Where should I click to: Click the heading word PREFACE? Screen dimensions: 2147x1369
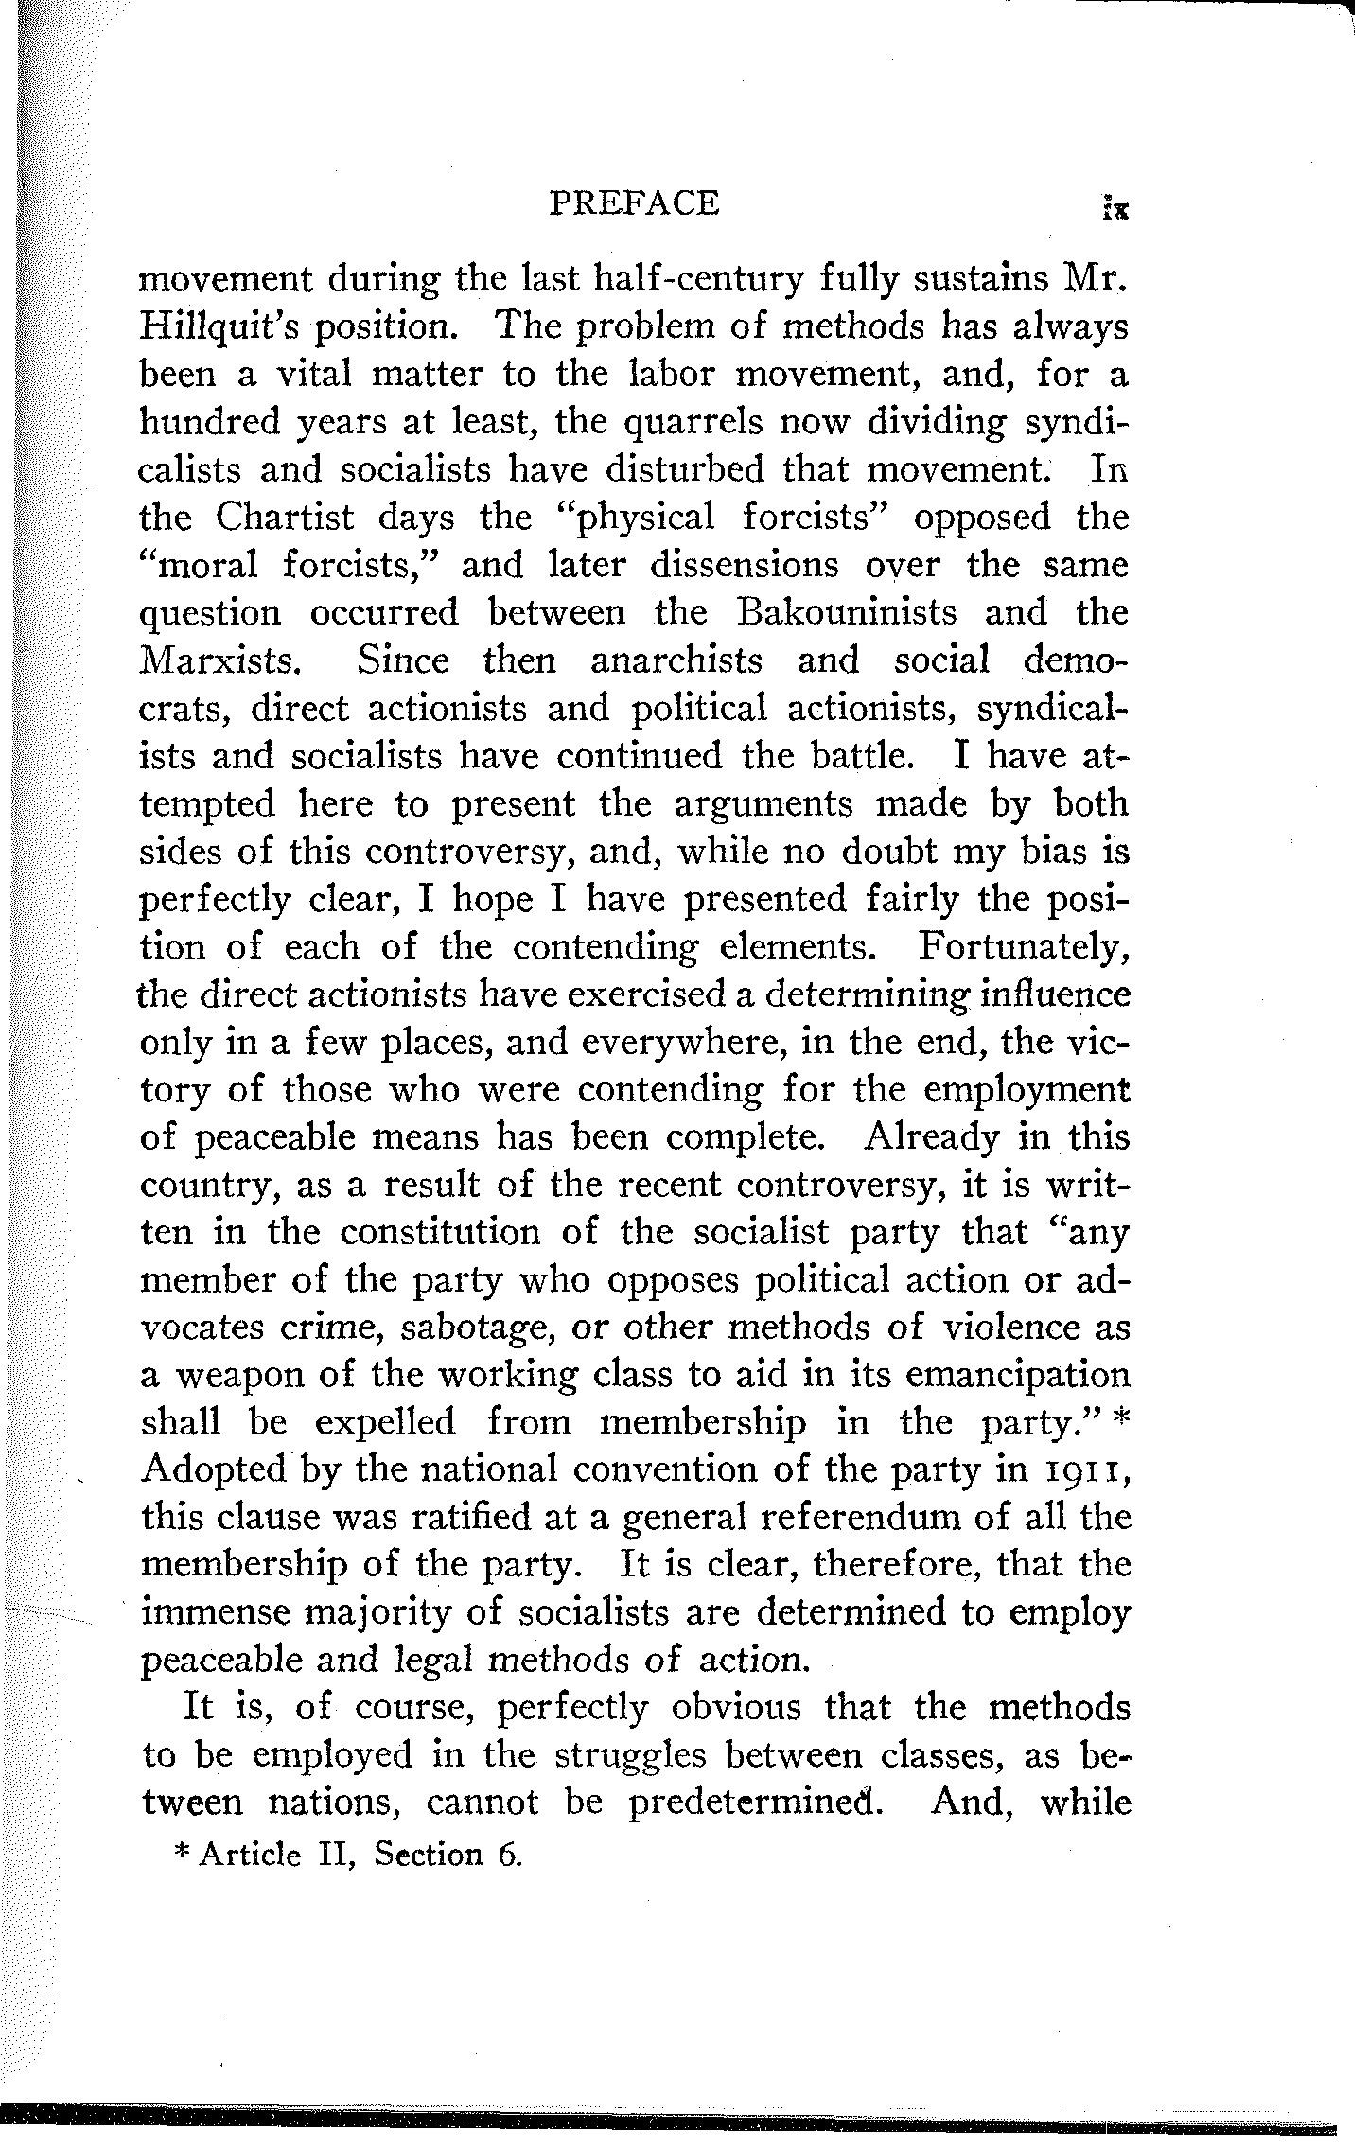tap(634, 203)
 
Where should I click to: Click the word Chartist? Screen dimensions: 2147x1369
tap(285, 518)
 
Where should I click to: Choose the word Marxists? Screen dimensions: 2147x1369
tap(220, 660)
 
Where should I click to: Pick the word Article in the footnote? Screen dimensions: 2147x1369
tap(250, 1855)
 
